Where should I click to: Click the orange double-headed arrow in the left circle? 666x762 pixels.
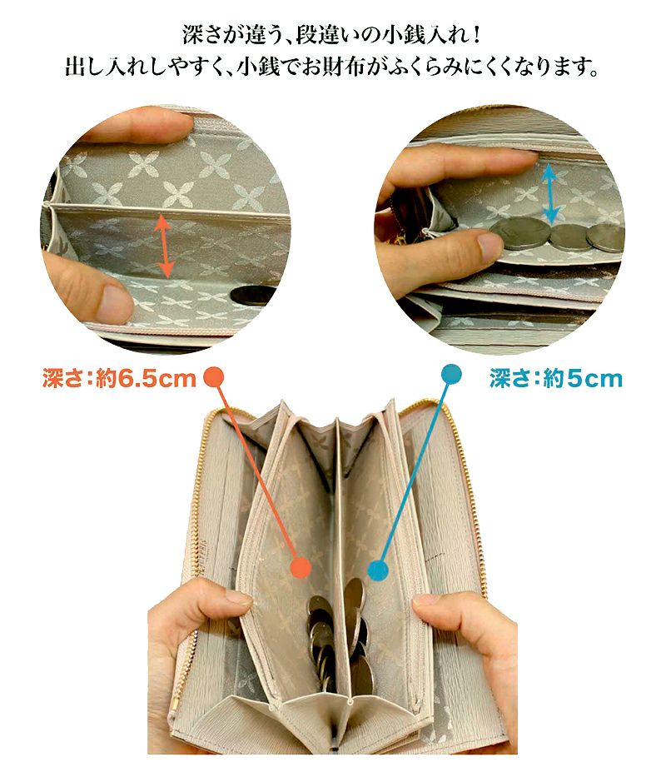point(164,247)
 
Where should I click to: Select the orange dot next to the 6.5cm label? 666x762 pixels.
point(215,377)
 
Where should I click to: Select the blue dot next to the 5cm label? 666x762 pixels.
point(450,376)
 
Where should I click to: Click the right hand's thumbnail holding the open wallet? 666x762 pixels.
point(426,599)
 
